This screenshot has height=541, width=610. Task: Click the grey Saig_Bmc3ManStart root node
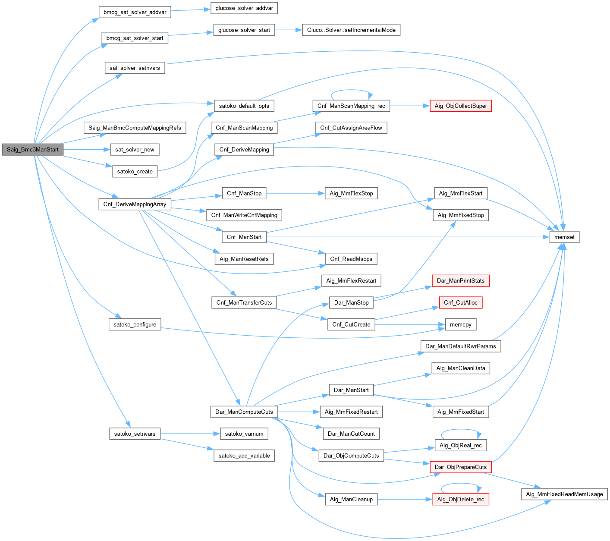[32, 150]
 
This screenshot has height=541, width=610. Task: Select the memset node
[564, 237]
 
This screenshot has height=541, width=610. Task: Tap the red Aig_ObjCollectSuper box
[461, 106]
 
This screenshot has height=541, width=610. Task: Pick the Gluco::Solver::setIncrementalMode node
[351, 30]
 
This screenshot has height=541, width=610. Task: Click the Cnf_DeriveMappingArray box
[135, 204]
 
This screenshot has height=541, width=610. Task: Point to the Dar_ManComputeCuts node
[244, 412]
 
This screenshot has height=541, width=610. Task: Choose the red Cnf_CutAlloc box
[461, 302]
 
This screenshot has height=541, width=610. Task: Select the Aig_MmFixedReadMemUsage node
[564, 494]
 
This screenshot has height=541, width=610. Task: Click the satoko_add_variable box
[244, 456]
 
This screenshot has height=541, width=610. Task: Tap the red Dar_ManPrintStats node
[461, 280]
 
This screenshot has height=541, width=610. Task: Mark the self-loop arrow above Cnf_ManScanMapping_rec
[351, 90]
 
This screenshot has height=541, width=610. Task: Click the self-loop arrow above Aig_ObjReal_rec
[461, 430]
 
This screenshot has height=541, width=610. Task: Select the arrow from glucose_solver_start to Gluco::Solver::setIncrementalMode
[288, 30]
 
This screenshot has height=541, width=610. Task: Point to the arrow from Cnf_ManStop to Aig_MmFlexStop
[296, 193]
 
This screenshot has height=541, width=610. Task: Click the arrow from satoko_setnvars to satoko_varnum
[190, 434]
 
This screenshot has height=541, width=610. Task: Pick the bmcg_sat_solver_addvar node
[135, 12]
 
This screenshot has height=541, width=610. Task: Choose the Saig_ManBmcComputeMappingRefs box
[135, 128]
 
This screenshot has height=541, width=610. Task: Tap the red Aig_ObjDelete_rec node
[461, 499]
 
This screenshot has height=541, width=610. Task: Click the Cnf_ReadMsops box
[351, 259]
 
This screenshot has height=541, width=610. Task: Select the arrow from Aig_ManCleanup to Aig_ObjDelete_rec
[405, 499]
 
